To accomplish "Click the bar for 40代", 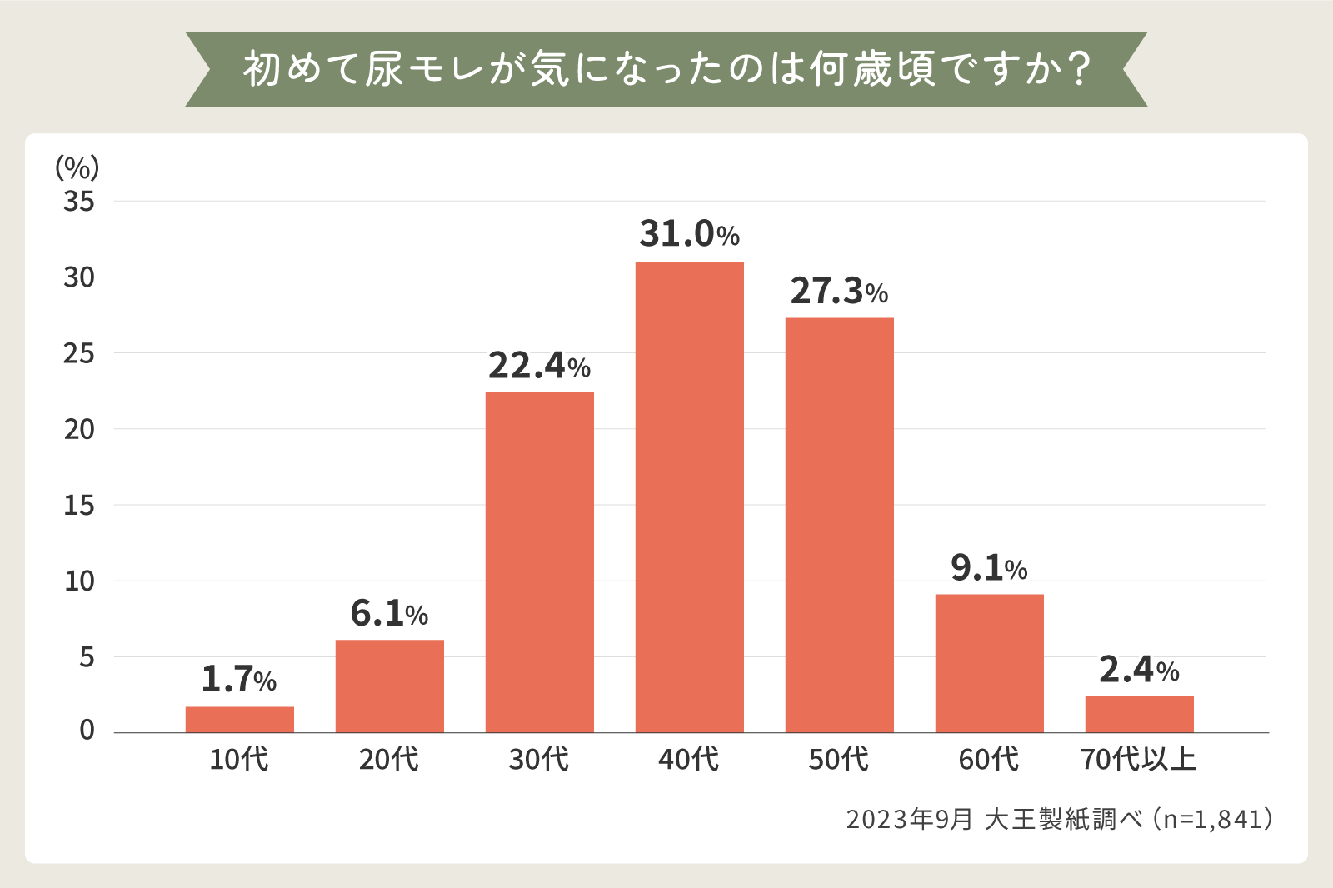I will coord(689,496).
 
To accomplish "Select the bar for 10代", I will coord(239,719).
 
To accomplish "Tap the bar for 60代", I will coord(989,663).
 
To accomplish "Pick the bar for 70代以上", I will coord(1139,714).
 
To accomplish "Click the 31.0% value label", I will coord(689,234).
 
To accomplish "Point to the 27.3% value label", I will coord(839,291).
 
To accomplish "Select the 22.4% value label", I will coord(539,366).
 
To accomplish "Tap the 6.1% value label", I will coord(389,614).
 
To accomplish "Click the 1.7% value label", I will coord(239,680).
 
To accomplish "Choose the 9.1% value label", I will coord(989,568).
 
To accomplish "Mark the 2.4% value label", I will coord(1139,670).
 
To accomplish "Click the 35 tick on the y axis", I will coord(79,202).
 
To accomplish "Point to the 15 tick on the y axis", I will coord(79,506).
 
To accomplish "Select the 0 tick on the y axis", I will coord(87,731).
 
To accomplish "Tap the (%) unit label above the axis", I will coord(77,167).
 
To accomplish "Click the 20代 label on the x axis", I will coord(389,760).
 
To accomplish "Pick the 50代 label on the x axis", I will coord(839,760).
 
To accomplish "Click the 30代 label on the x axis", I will coord(539,760).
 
